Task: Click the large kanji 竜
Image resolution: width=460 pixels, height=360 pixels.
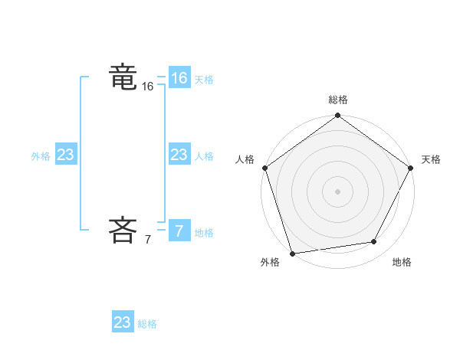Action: tap(123, 77)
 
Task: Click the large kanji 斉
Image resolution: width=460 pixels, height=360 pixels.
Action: tap(123, 229)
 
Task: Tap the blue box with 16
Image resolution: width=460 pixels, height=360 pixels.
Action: tap(179, 78)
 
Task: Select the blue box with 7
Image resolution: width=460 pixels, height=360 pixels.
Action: tap(179, 231)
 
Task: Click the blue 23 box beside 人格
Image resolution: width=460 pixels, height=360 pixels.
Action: tap(179, 155)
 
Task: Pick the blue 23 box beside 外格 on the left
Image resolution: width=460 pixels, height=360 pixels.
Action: tap(65, 155)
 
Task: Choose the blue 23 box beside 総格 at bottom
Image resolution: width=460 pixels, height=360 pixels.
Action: tap(123, 322)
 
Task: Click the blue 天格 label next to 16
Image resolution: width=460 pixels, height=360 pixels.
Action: tap(204, 80)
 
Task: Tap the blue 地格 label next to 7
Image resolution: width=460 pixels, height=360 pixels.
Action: tap(204, 233)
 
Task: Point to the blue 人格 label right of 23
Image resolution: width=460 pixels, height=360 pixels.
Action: tap(204, 156)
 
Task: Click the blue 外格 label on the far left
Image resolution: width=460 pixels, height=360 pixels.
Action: tap(41, 156)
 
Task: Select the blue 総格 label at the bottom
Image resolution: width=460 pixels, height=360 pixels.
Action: tap(147, 324)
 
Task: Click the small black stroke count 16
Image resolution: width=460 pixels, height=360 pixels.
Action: tap(148, 87)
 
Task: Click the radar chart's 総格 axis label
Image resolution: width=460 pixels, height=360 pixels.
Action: tap(338, 100)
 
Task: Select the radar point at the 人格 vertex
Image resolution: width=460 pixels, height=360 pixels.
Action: tap(265, 168)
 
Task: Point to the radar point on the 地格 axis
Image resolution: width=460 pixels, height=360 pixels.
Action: tap(374, 242)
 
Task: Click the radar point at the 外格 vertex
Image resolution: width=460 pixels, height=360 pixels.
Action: tap(293, 254)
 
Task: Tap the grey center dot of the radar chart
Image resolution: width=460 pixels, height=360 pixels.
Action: tap(338, 191)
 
